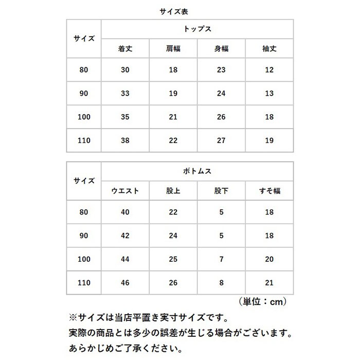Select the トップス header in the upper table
197,29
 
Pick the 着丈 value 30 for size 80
125,70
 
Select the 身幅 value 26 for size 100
221,117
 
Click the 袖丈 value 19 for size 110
269,140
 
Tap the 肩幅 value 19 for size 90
173,94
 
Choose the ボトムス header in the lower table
197,172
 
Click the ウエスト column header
125,191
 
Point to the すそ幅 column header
269,191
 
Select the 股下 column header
221,191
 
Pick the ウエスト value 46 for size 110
125,282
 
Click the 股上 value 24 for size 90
173,236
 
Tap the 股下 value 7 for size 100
221,259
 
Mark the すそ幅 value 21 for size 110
269,282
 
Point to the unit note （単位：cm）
262,301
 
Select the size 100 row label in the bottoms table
83,259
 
